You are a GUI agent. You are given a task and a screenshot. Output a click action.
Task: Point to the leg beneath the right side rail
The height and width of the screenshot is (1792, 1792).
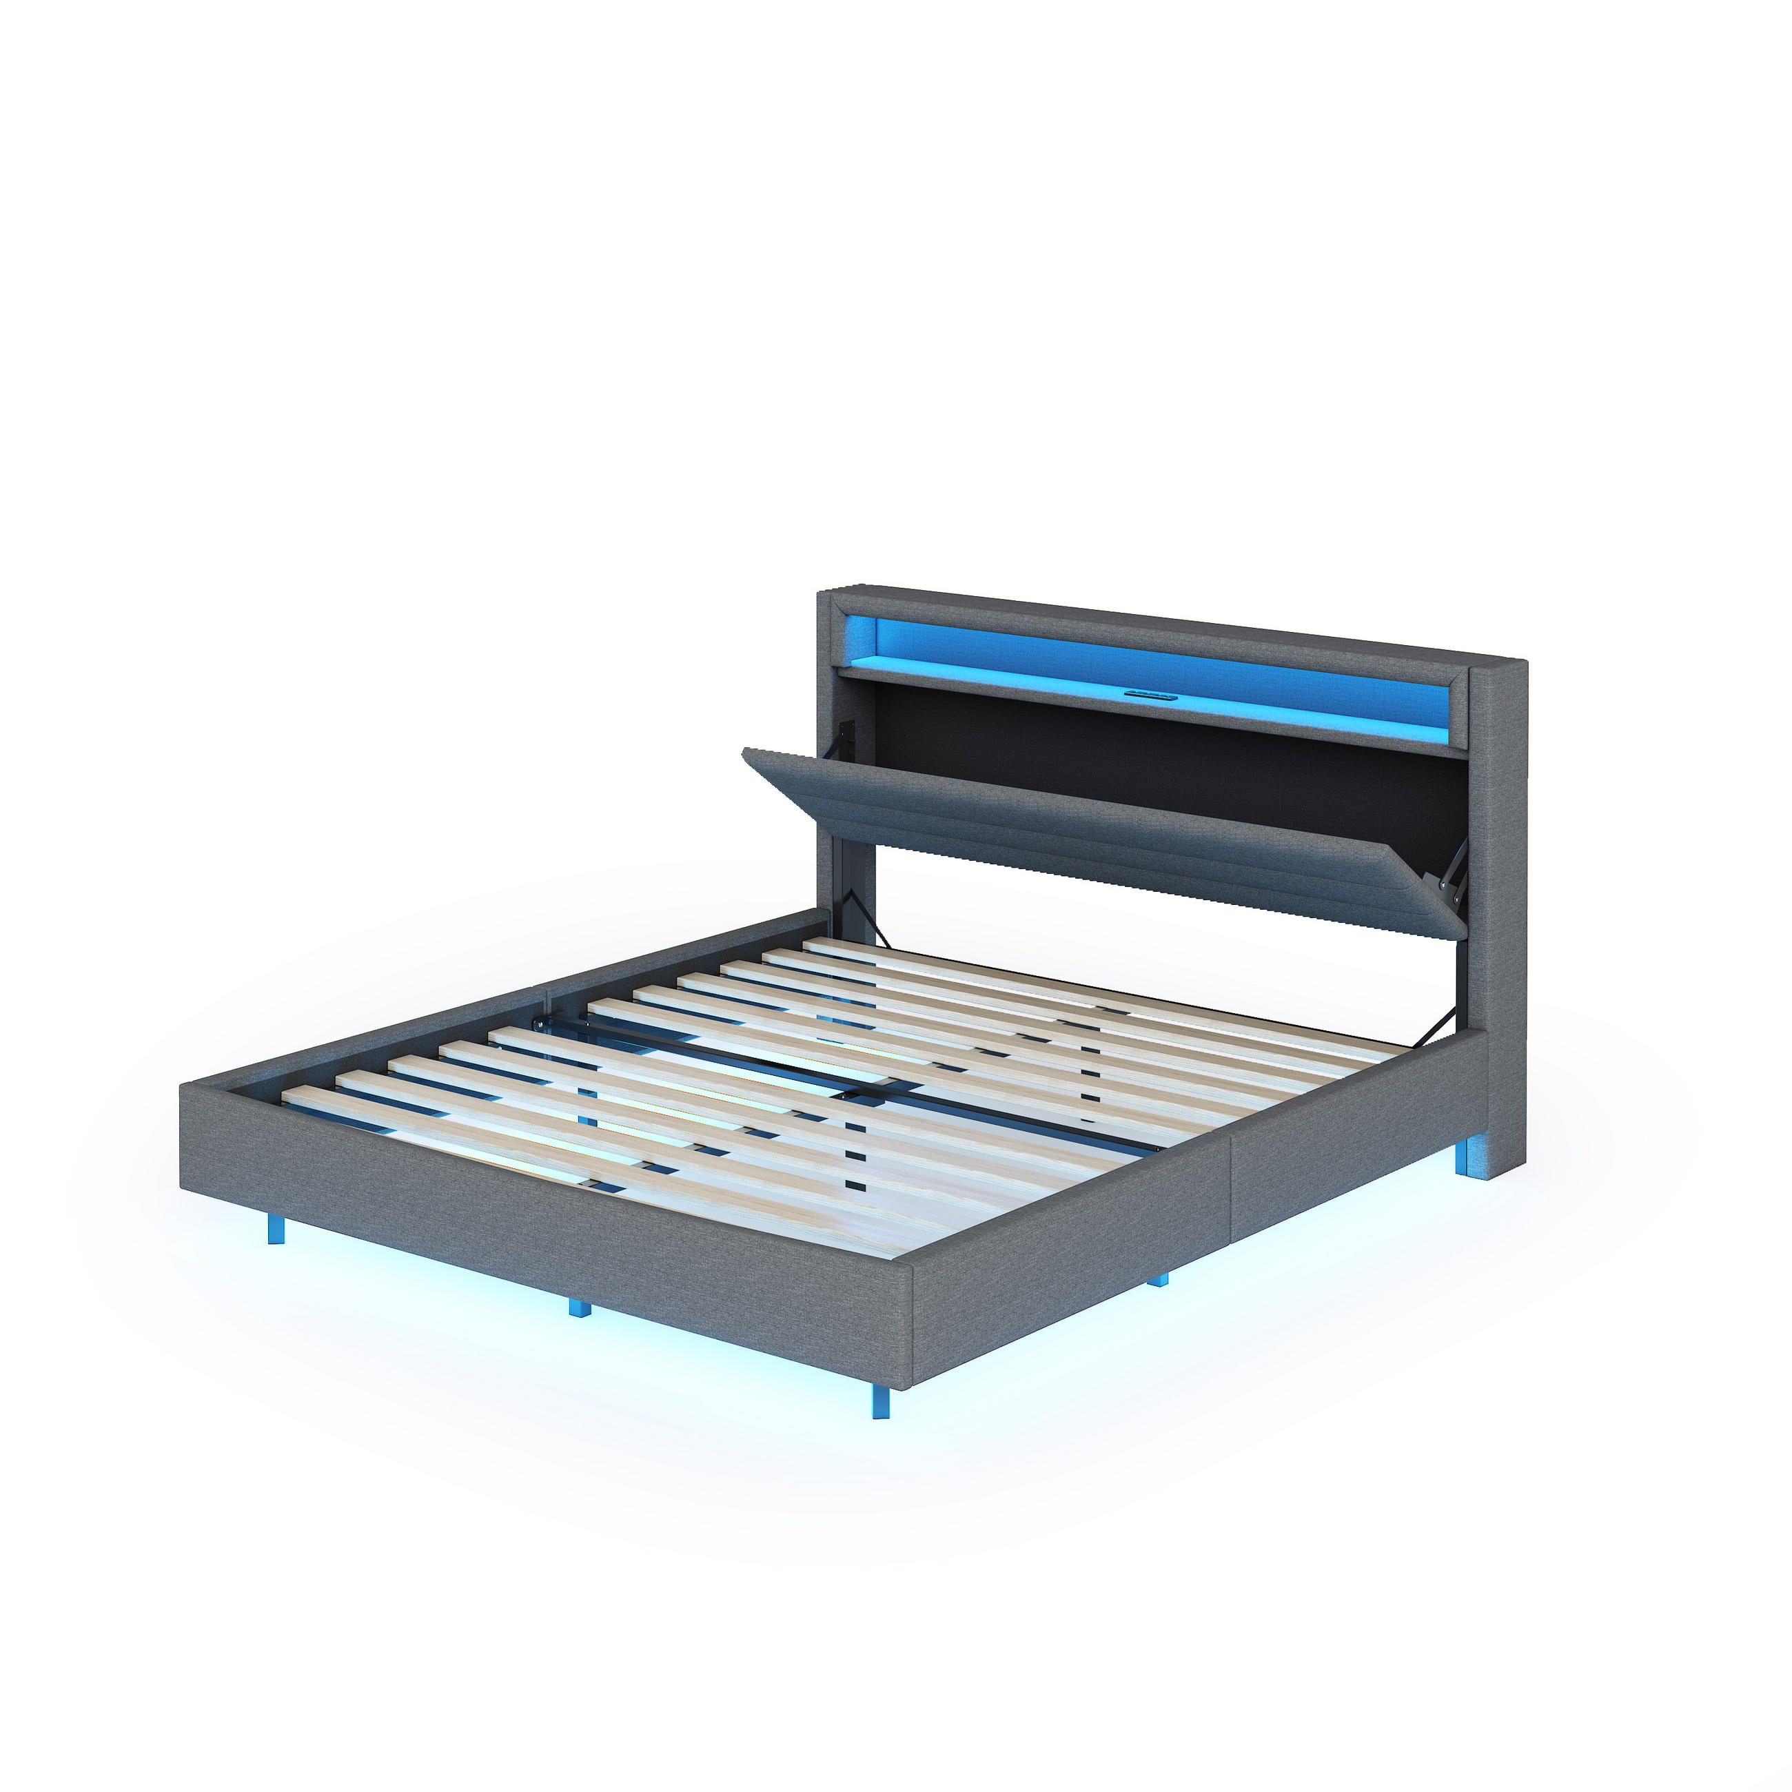click(x=1158, y=1281)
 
